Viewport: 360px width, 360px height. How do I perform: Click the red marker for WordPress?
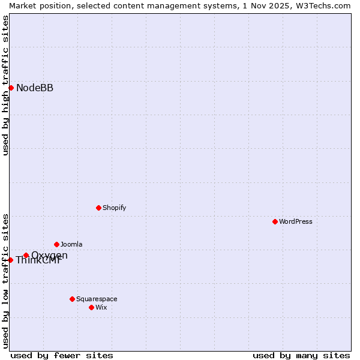pyautogui.click(x=275, y=221)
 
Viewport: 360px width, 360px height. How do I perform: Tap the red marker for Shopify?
pyautogui.click(x=98, y=208)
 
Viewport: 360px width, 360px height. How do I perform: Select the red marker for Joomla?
pyautogui.click(x=56, y=244)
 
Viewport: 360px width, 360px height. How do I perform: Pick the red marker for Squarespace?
pyautogui.click(x=72, y=299)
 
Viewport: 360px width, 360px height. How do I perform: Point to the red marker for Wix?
pyautogui.click(x=91, y=307)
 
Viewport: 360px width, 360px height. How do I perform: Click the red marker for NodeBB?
pyautogui.click(x=11, y=88)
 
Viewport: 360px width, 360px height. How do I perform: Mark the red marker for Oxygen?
pyautogui.click(x=26, y=255)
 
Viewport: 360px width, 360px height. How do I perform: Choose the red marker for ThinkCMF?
pyautogui.click(x=11, y=260)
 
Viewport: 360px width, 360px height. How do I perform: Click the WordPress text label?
pyautogui.click(x=296, y=221)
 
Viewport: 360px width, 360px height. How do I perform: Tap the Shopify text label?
pyautogui.click(x=114, y=208)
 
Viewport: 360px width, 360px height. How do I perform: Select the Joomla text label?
pyautogui.click(x=71, y=244)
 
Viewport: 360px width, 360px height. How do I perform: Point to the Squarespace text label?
pyautogui.click(x=97, y=299)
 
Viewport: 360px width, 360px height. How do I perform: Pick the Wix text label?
pyautogui.click(x=101, y=307)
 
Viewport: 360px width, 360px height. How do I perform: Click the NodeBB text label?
pyautogui.click(x=35, y=88)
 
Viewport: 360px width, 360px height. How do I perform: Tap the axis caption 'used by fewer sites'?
pyautogui.click(x=62, y=355)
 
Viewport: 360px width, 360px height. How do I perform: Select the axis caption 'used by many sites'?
pyautogui.click(x=301, y=355)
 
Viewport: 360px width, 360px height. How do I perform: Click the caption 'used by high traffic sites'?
pyautogui.click(x=6, y=85)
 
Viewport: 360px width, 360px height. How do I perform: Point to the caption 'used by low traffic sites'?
pyautogui.click(x=6, y=281)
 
